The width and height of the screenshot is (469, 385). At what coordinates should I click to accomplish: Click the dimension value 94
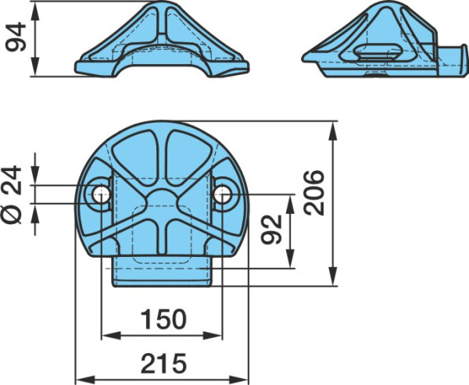[x=16, y=37]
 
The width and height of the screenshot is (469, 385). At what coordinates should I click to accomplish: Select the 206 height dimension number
[x=314, y=192]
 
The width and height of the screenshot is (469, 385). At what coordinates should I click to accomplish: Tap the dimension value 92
[x=271, y=230]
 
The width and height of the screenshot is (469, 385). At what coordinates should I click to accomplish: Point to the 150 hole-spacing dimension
[x=163, y=319]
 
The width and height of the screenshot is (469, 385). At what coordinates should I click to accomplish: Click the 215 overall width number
[x=163, y=363]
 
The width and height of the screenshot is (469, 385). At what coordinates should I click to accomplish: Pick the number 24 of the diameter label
[x=11, y=180]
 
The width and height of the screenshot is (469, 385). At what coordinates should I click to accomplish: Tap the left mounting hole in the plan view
[x=101, y=194]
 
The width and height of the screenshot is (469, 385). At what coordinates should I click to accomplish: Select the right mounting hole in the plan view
[x=223, y=194]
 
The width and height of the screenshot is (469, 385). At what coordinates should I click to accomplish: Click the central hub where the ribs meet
[x=162, y=204]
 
